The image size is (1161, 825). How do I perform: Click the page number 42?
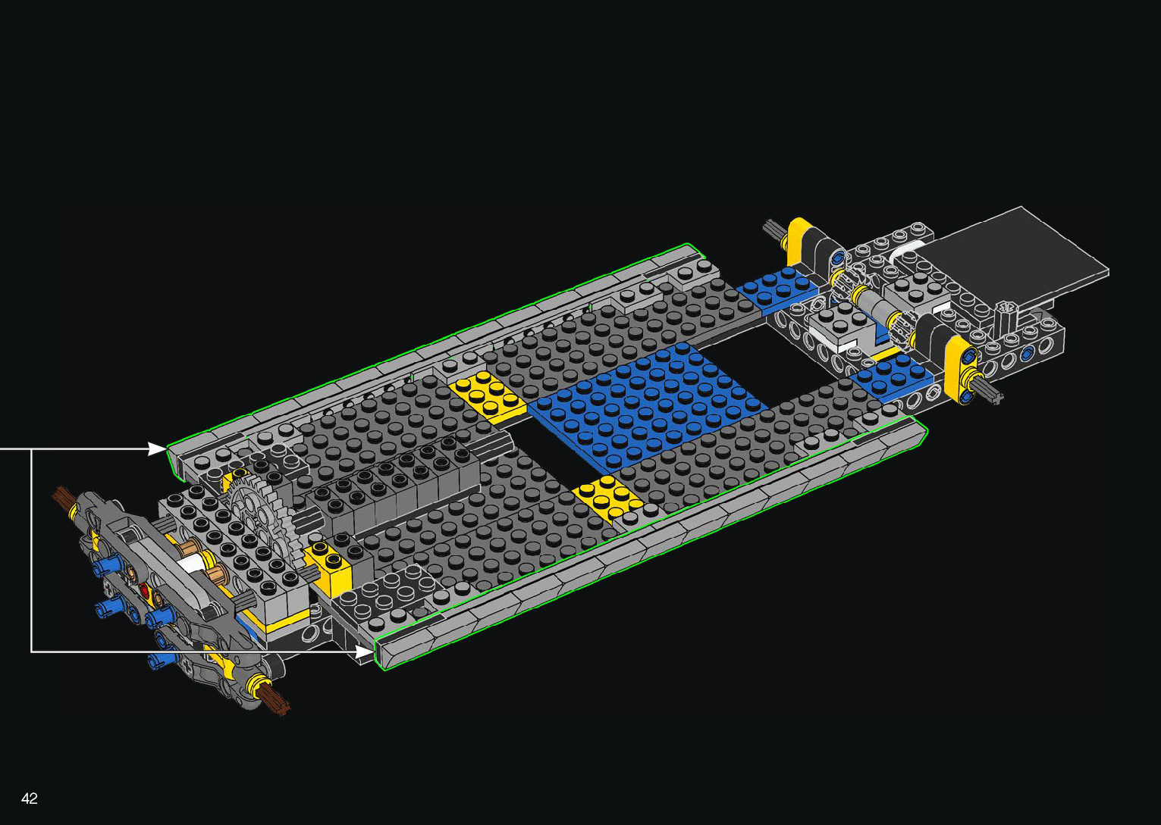coord(29,798)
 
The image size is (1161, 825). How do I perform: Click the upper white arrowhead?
coord(156,448)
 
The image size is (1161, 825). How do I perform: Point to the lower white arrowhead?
coord(364,652)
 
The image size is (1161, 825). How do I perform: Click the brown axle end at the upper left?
coord(62,496)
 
